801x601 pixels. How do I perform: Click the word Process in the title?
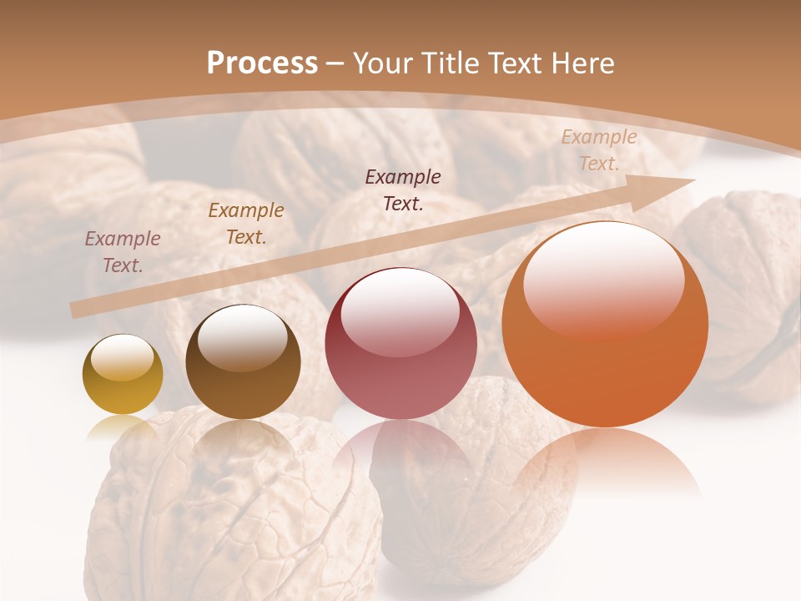[262, 63]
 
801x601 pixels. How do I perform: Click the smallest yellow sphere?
[123, 374]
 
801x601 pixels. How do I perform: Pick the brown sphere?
[243, 361]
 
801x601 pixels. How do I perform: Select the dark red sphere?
[400, 344]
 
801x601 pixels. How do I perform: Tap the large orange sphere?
[605, 324]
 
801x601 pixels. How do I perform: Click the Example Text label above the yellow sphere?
[123, 251]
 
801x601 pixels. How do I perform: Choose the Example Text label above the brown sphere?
[246, 223]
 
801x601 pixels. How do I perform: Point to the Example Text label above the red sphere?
[403, 189]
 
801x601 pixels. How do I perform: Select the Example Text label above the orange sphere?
[598, 150]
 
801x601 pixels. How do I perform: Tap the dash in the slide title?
[335, 63]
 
